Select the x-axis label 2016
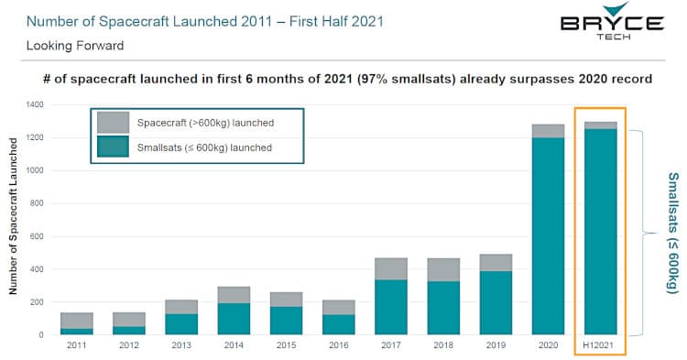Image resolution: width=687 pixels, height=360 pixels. point(340,346)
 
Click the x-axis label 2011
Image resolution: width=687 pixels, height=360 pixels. point(78,346)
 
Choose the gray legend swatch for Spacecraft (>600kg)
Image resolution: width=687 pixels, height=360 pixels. point(114,122)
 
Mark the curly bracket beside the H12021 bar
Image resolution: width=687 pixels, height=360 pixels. point(644,233)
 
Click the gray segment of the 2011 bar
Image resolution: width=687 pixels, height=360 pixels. point(78,321)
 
